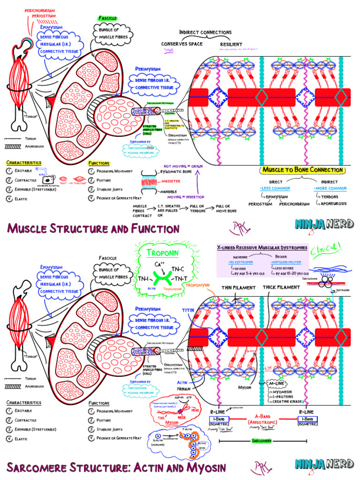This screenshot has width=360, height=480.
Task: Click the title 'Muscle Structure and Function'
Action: (x=93, y=229)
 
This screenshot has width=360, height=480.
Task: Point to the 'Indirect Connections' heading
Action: (x=205, y=32)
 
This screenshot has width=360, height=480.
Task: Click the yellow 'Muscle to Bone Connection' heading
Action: (x=303, y=170)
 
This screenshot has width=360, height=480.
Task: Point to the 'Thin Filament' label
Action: (x=239, y=287)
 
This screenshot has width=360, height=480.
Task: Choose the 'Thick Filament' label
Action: (x=281, y=287)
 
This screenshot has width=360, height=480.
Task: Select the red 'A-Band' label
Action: (x=266, y=416)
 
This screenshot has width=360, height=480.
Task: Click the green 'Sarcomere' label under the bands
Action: (x=262, y=441)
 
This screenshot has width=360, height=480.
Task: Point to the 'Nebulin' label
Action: (x=183, y=389)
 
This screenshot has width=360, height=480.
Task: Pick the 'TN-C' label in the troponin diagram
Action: (x=178, y=269)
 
